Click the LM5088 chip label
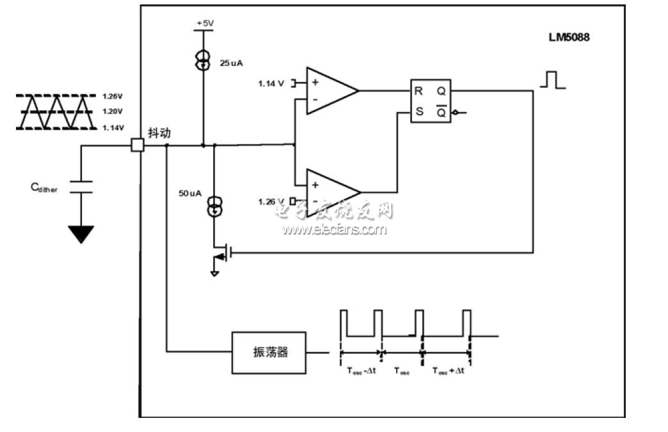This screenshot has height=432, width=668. pos(564,37)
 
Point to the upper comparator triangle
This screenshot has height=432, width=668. pos(330,91)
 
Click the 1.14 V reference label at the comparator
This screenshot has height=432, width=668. pos(271,83)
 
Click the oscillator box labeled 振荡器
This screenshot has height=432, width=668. pos(269,352)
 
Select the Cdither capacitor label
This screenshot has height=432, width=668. pos(44,188)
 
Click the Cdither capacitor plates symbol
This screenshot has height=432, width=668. pos(81,187)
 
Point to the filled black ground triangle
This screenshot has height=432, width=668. pos(81,234)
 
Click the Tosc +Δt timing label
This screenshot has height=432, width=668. pos(448,370)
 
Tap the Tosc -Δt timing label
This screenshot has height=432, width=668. pos(362,370)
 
